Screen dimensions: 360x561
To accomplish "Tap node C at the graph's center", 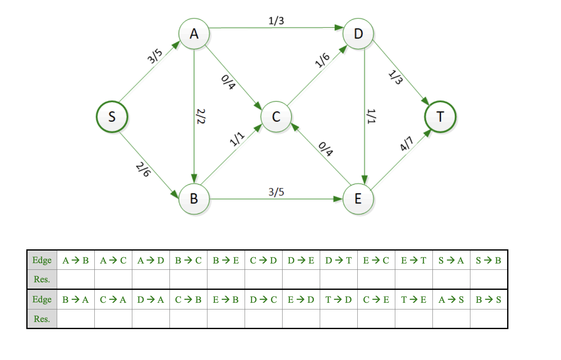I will tap(276, 117).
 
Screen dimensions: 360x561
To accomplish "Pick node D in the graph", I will tap(358, 33).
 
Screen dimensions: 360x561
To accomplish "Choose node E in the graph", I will tap(358, 199).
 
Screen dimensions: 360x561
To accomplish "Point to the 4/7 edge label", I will tap(406, 144).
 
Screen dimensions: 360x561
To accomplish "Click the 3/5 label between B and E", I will tap(276, 192).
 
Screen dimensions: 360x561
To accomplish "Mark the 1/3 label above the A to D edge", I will tap(276, 20).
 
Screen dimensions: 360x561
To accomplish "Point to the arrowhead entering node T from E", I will tap(427, 133).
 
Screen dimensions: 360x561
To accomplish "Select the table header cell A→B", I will tap(76, 260).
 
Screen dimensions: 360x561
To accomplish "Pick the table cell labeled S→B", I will tap(489, 260).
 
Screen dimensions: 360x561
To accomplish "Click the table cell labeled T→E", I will tap(414, 299).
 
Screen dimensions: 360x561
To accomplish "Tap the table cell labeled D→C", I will tap(263, 299).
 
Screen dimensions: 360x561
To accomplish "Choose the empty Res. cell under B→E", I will tap(226, 279).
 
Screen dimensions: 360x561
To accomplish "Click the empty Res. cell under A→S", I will tap(451, 319).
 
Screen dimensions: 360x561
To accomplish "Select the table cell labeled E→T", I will tap(414, 260).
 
